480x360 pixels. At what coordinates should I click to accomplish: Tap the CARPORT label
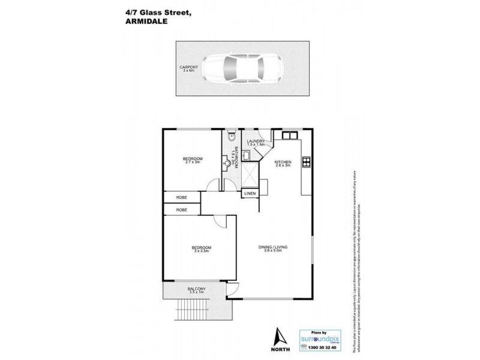[x=185, y=67]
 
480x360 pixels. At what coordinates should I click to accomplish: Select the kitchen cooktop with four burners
[x=306, y=161]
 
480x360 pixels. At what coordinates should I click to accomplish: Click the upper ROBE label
[x=181, y=197]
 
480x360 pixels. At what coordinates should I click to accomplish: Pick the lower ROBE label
[x=181, y=210]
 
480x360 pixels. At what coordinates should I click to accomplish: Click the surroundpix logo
[x=322, y=337]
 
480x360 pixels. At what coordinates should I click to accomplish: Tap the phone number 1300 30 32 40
[x=322, y=347]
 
